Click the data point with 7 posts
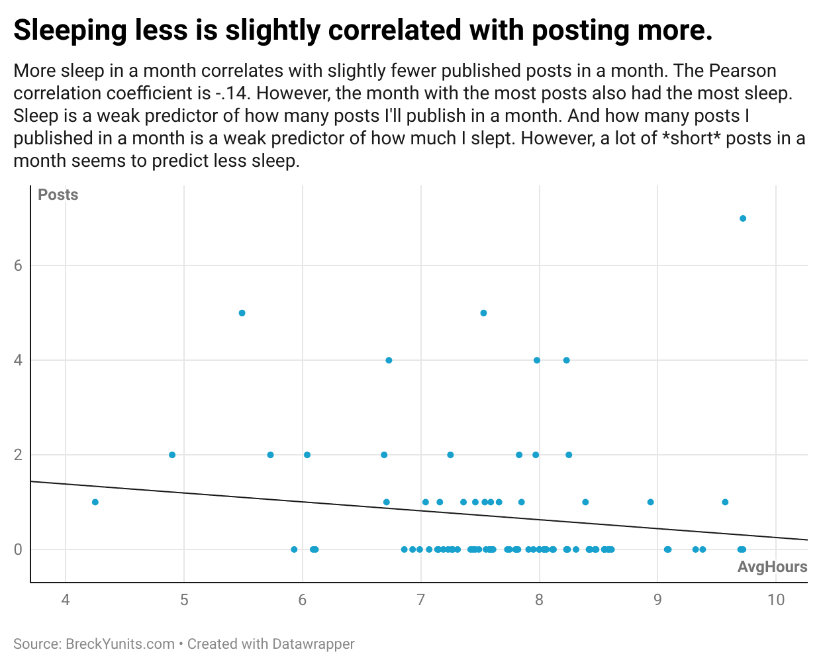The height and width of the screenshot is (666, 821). [x=743, y=218]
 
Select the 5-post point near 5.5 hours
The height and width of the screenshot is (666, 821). [x=242, y=313]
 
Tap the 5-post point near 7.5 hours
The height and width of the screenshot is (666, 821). [x=483, y=313]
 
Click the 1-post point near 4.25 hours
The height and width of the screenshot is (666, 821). [x=95, y=502]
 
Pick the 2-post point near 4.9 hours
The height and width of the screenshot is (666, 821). [x=172, y=455]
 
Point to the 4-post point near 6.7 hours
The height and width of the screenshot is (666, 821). [x=389, y=360]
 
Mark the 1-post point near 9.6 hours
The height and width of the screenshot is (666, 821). [x=725, y=502]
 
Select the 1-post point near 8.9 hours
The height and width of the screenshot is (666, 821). [x=650, y=502]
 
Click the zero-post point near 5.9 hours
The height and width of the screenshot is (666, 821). [x=294, y=549]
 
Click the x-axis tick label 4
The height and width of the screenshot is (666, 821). [x=66, y=600]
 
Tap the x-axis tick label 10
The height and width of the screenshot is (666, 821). [x=776, y=600]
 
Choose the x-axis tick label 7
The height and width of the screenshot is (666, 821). [x=420, y=600]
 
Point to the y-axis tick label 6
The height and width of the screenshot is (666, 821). [x=19, y=266]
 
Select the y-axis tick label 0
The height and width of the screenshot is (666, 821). [x=19, y=549]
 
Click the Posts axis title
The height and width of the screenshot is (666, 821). [x=58, y=195]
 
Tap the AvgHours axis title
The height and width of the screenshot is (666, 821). [x=772, y=567]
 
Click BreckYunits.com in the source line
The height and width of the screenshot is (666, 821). [x=120, y=644]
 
